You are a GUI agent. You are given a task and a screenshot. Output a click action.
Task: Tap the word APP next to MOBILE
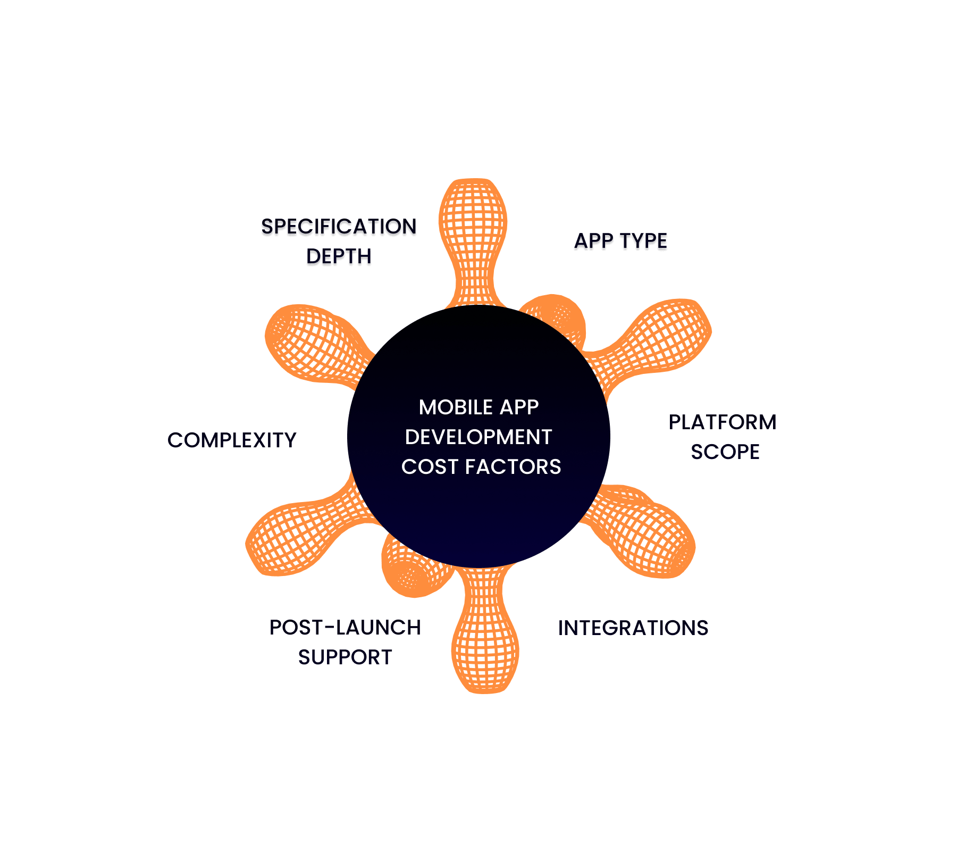519,407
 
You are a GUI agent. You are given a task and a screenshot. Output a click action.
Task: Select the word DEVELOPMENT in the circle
478,437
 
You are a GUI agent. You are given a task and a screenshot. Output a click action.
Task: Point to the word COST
429,467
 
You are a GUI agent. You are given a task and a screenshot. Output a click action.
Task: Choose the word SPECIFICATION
339,228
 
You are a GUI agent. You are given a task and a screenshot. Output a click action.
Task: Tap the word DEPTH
339,258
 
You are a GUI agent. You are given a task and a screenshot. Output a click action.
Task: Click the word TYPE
643,243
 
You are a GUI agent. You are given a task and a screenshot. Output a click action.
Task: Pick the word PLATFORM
723,423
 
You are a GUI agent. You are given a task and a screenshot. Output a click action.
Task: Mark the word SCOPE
725,452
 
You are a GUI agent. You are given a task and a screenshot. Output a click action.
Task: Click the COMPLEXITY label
231,440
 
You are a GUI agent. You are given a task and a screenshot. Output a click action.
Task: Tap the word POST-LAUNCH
345,628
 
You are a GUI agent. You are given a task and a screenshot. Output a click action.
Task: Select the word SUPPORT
345,658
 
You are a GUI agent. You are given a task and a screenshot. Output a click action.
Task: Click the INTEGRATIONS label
633,628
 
